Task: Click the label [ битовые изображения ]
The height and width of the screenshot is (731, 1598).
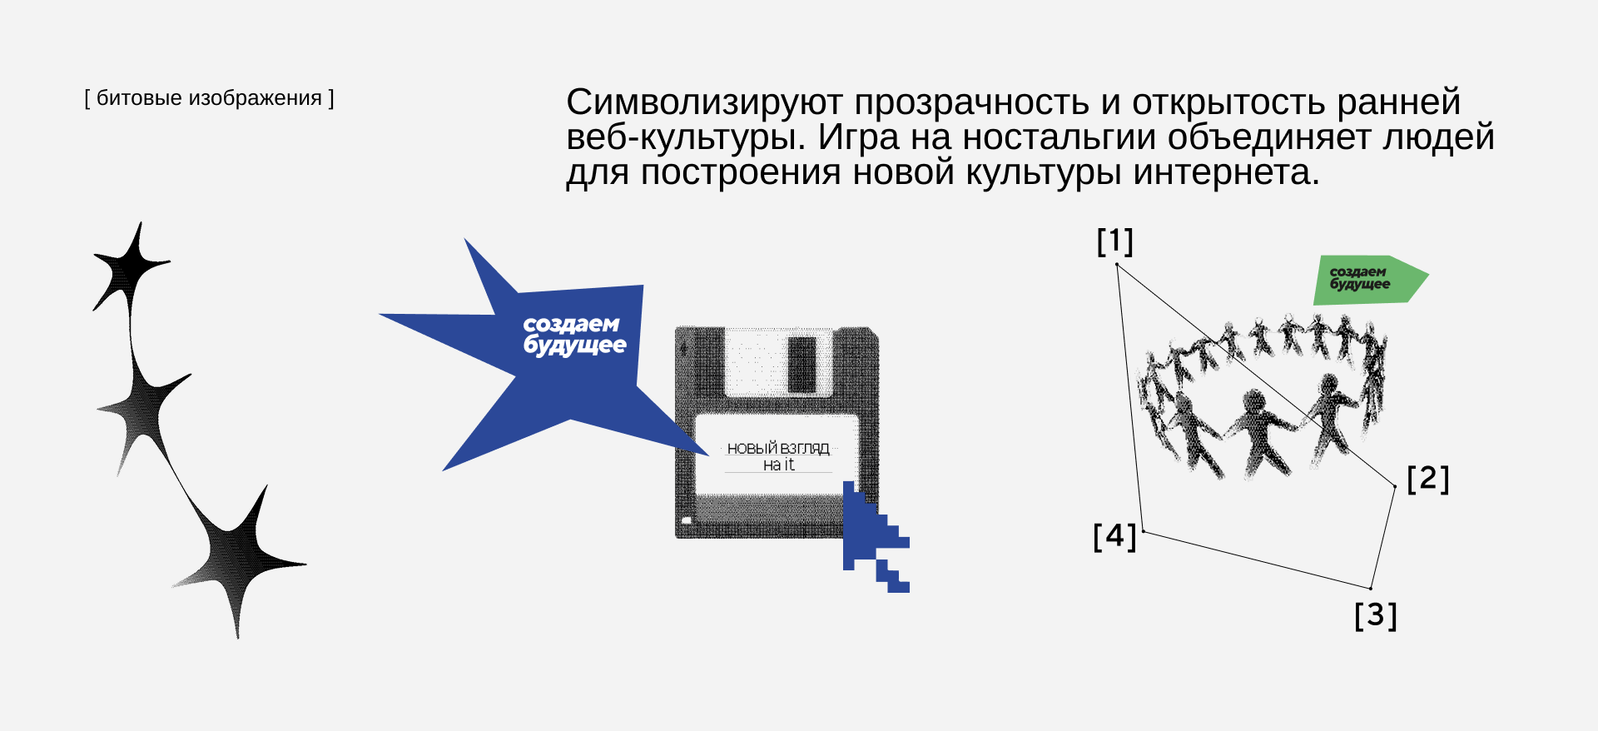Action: click(209, 98)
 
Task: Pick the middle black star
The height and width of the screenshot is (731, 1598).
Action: click(146, 409)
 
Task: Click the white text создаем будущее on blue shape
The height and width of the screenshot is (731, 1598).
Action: click(573, 335)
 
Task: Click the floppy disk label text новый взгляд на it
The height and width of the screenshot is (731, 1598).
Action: click(778, 456)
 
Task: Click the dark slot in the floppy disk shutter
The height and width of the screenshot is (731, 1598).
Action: click(801, 363)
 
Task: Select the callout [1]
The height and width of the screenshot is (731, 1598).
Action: click(1114, 241)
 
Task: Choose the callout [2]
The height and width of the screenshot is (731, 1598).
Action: click(1427, 479)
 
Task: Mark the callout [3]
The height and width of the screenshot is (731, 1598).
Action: click(1375, 615)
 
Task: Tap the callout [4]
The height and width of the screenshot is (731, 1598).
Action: click(1114, 536)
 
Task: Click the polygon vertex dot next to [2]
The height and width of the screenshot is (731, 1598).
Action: click(1395, 486)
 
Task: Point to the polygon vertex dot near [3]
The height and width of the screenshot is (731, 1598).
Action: click(1371, 589)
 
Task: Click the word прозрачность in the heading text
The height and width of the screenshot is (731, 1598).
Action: click(971, 102)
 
